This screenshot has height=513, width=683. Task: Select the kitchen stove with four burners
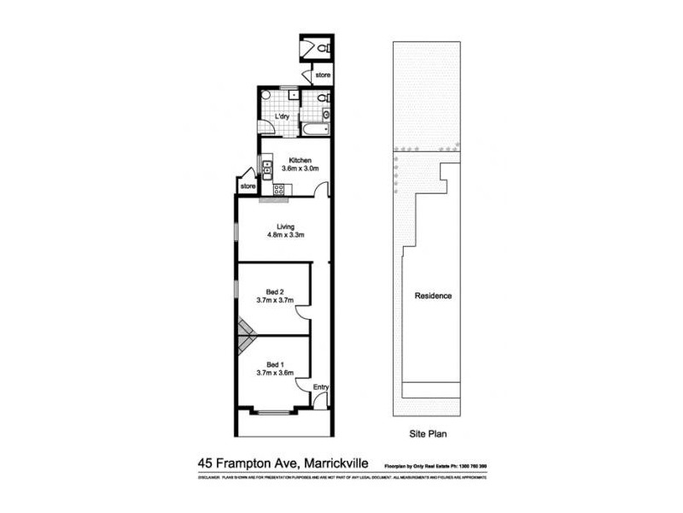click(277, 189)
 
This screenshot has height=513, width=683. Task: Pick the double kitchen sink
click(266, 168)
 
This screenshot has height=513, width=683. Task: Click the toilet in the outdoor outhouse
click(323, 50)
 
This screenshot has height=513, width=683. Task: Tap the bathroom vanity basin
click(325, 115)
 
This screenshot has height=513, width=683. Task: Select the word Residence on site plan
click(433, 296)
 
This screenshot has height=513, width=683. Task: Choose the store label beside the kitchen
click(248, 186)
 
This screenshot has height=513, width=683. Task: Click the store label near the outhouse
click(322, 76)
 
